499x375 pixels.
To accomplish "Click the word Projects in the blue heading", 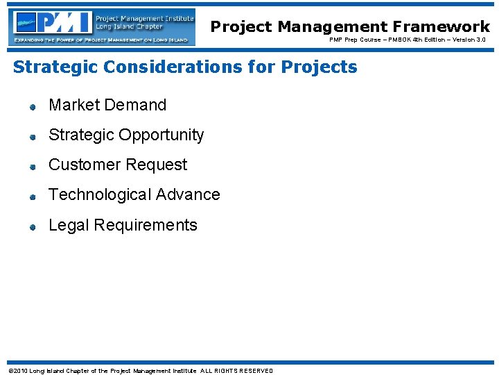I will tap(319, 67).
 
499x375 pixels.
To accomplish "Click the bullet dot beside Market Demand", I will tap(32, 107).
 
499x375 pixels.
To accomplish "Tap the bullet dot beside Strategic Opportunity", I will tap(32, 137).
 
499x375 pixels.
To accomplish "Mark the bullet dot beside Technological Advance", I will tap(32, 197).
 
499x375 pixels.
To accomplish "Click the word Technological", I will tap(100, 195).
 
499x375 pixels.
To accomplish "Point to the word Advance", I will tap(188, 195).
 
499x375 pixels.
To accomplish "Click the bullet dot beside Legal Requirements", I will tap(32, 227).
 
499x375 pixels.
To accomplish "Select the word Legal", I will tap(69, 225).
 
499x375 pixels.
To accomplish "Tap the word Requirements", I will tap(146, 226).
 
